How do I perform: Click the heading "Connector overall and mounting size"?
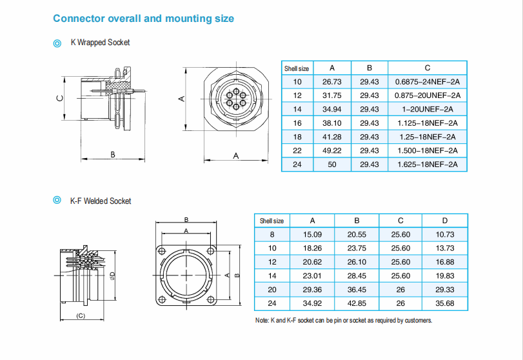143,18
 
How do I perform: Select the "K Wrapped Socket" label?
100,43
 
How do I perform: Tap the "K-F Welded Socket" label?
100,201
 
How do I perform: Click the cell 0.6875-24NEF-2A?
428,82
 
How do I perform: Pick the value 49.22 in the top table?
332,150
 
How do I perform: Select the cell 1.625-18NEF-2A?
428,165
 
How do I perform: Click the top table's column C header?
428,68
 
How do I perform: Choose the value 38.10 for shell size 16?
332,123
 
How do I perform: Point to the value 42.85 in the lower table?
357,303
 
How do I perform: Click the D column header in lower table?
445,221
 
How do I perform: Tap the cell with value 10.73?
445,234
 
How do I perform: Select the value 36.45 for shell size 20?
357,289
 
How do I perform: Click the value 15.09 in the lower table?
313,234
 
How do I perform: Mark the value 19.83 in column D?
445,275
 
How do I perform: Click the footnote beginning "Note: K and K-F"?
344,321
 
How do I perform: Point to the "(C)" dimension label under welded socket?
81,315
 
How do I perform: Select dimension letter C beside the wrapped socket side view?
59,98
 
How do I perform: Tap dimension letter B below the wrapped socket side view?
113,155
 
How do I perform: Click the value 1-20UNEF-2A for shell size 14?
428,109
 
